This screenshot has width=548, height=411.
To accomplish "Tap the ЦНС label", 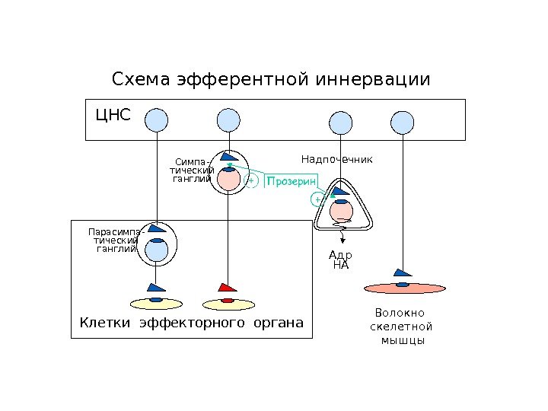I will (113, 115).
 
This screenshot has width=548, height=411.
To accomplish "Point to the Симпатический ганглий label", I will (192, 170).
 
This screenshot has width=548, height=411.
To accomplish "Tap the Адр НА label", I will (340, 260).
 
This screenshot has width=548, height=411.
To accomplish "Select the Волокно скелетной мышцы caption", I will (401, 327).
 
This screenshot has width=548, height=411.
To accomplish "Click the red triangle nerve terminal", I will (227, 288).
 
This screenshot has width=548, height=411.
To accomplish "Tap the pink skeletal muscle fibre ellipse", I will (404, 288).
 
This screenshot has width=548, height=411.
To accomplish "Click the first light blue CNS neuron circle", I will (156, 119).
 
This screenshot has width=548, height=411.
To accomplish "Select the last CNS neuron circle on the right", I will (403, 121).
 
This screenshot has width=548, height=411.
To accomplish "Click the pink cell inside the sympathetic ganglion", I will (227, 180).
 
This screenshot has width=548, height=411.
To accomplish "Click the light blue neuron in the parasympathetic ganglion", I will (157, 251).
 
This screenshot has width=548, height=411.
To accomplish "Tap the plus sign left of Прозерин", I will (251, 182).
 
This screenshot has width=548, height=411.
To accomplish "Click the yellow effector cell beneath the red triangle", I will (226, 304).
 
